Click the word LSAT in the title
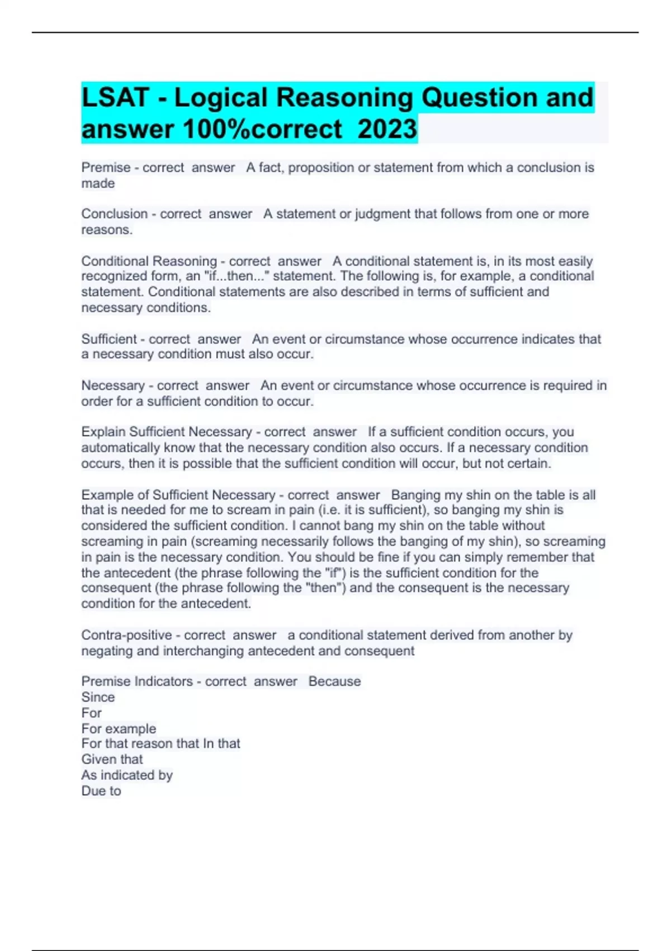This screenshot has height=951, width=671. tap(115, 98)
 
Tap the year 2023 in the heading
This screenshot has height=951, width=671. tap(387, 129)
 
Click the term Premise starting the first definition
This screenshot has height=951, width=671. tap(106, 168)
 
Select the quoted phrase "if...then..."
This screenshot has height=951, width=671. tap(237, 276)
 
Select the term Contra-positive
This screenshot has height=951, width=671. tap(126, 635)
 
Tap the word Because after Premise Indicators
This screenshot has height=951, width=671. tap(334, 681)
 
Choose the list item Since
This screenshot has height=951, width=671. tap(98, 697)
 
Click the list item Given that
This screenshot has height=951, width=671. tap(112, 760)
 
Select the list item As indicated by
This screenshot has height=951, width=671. tap(127, 775)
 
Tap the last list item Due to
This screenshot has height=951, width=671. tap(101, 791)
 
